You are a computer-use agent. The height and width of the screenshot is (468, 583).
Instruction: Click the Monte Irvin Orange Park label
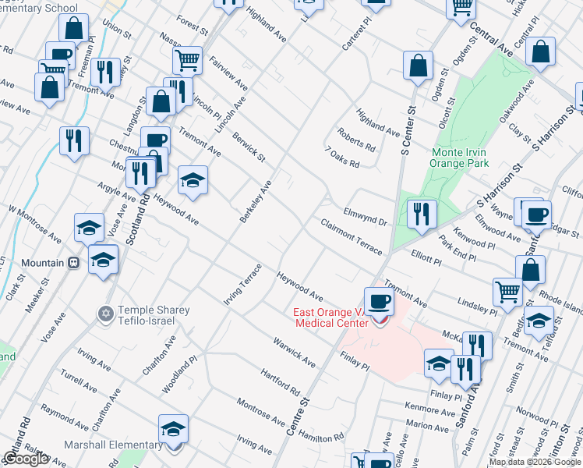459,158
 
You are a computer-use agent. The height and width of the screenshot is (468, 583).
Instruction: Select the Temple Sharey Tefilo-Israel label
152,316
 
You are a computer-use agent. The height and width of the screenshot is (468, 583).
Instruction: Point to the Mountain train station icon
74,263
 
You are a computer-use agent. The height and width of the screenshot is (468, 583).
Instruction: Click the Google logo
25,459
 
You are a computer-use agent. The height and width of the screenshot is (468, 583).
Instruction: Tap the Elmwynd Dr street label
365,216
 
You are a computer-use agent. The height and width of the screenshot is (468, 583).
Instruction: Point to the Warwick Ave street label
293,353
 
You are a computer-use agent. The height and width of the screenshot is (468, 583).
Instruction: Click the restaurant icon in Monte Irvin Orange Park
422,214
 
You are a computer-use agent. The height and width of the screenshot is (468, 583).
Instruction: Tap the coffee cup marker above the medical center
379,300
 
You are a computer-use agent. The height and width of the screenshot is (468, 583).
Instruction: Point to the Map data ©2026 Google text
535,462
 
